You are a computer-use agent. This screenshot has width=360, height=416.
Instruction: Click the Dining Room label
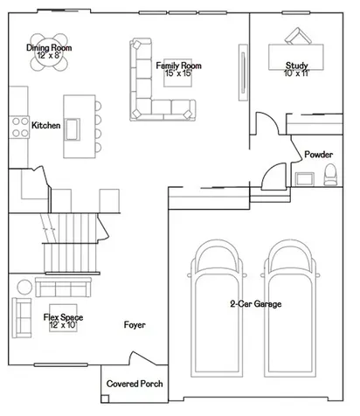pyautogui.click(x=49, y=47)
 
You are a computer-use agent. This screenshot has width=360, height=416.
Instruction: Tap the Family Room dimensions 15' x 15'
pyautogui.click(x=178, y=73)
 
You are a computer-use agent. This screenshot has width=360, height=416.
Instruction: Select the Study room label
pyautogui.click(x=296, y=66)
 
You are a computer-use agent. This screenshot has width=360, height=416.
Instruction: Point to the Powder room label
pyautogui.click(x=318, y=154)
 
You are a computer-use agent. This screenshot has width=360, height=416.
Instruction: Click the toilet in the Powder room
pyautogui.click(x=330, y=175)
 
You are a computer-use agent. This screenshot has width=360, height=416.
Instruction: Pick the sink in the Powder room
pyautogui.click(x=305, y=179)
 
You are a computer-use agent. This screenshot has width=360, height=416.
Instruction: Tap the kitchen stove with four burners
pyautogui.click(x=19, y=127)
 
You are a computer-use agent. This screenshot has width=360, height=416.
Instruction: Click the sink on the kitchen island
pyautogui.click(x=72, y=129)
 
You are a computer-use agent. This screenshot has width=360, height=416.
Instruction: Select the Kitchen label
pyautogui.click(x=46, y=125)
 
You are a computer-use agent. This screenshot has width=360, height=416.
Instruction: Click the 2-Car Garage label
pyautogui.click(x=256, y=304)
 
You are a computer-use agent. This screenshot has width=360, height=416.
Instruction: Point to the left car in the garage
pyautogui.click(x=217, y=309)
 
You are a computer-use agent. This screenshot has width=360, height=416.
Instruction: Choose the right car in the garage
pyautogui.click(x=290, y=309)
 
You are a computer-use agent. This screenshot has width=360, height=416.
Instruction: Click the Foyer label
pyautogui.click(x=135, y=324)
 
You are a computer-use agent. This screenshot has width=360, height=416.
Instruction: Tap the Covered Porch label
pyautogui.click(x=135, y=384)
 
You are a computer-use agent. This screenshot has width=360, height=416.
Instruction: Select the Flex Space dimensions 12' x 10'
pyautogui.click(x=63, y=325)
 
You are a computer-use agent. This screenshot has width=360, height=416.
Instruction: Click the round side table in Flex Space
pyautogui.click(x=24, y=288)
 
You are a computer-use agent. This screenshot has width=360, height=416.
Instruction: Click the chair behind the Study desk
pyautogui.click(x=298, y=36)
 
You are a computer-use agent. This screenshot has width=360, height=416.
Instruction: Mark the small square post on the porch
pyautogui.click(x=105, y=399)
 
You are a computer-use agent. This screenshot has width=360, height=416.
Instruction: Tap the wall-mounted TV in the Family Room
pyautogui.click(x=243, y=73)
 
